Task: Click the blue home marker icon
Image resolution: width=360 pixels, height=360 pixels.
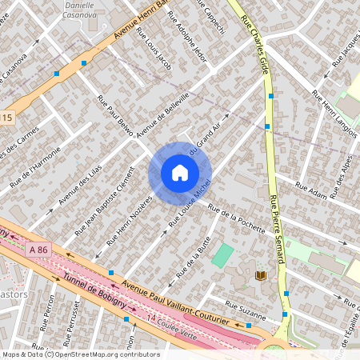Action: (x=180, y=173)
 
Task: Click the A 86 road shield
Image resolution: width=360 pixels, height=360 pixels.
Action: (x=38, y=250)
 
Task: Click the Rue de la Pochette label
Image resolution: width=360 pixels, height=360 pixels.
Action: (x=236, y=218)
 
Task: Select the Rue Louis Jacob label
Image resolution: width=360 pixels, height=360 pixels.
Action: (x=154, y=48)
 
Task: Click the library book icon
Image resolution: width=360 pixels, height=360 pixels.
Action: (x=261, y=276)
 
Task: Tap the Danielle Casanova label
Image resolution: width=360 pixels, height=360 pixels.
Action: (x=83, y=10)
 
